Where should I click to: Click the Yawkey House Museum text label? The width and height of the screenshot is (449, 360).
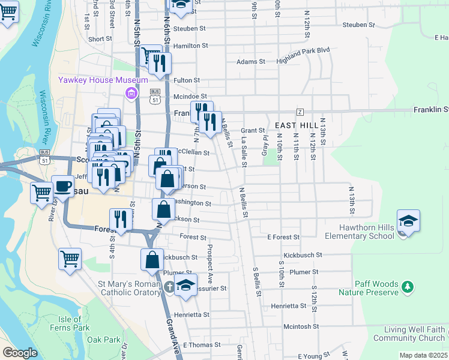coord(103,80)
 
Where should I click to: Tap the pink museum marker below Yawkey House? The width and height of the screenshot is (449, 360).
coord(130,93)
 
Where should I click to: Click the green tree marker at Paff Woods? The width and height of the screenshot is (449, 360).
coord(408,287)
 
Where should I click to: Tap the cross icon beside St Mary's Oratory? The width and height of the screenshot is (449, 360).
coord(170,287)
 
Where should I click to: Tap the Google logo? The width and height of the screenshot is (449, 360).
coord(20,353)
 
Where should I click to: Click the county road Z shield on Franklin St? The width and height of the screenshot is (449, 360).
coord(300,112)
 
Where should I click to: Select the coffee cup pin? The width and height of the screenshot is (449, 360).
coord(62,186)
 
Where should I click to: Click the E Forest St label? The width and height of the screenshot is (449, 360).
coord(283,238)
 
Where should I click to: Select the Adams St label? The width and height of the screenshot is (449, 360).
coord(251,62)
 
